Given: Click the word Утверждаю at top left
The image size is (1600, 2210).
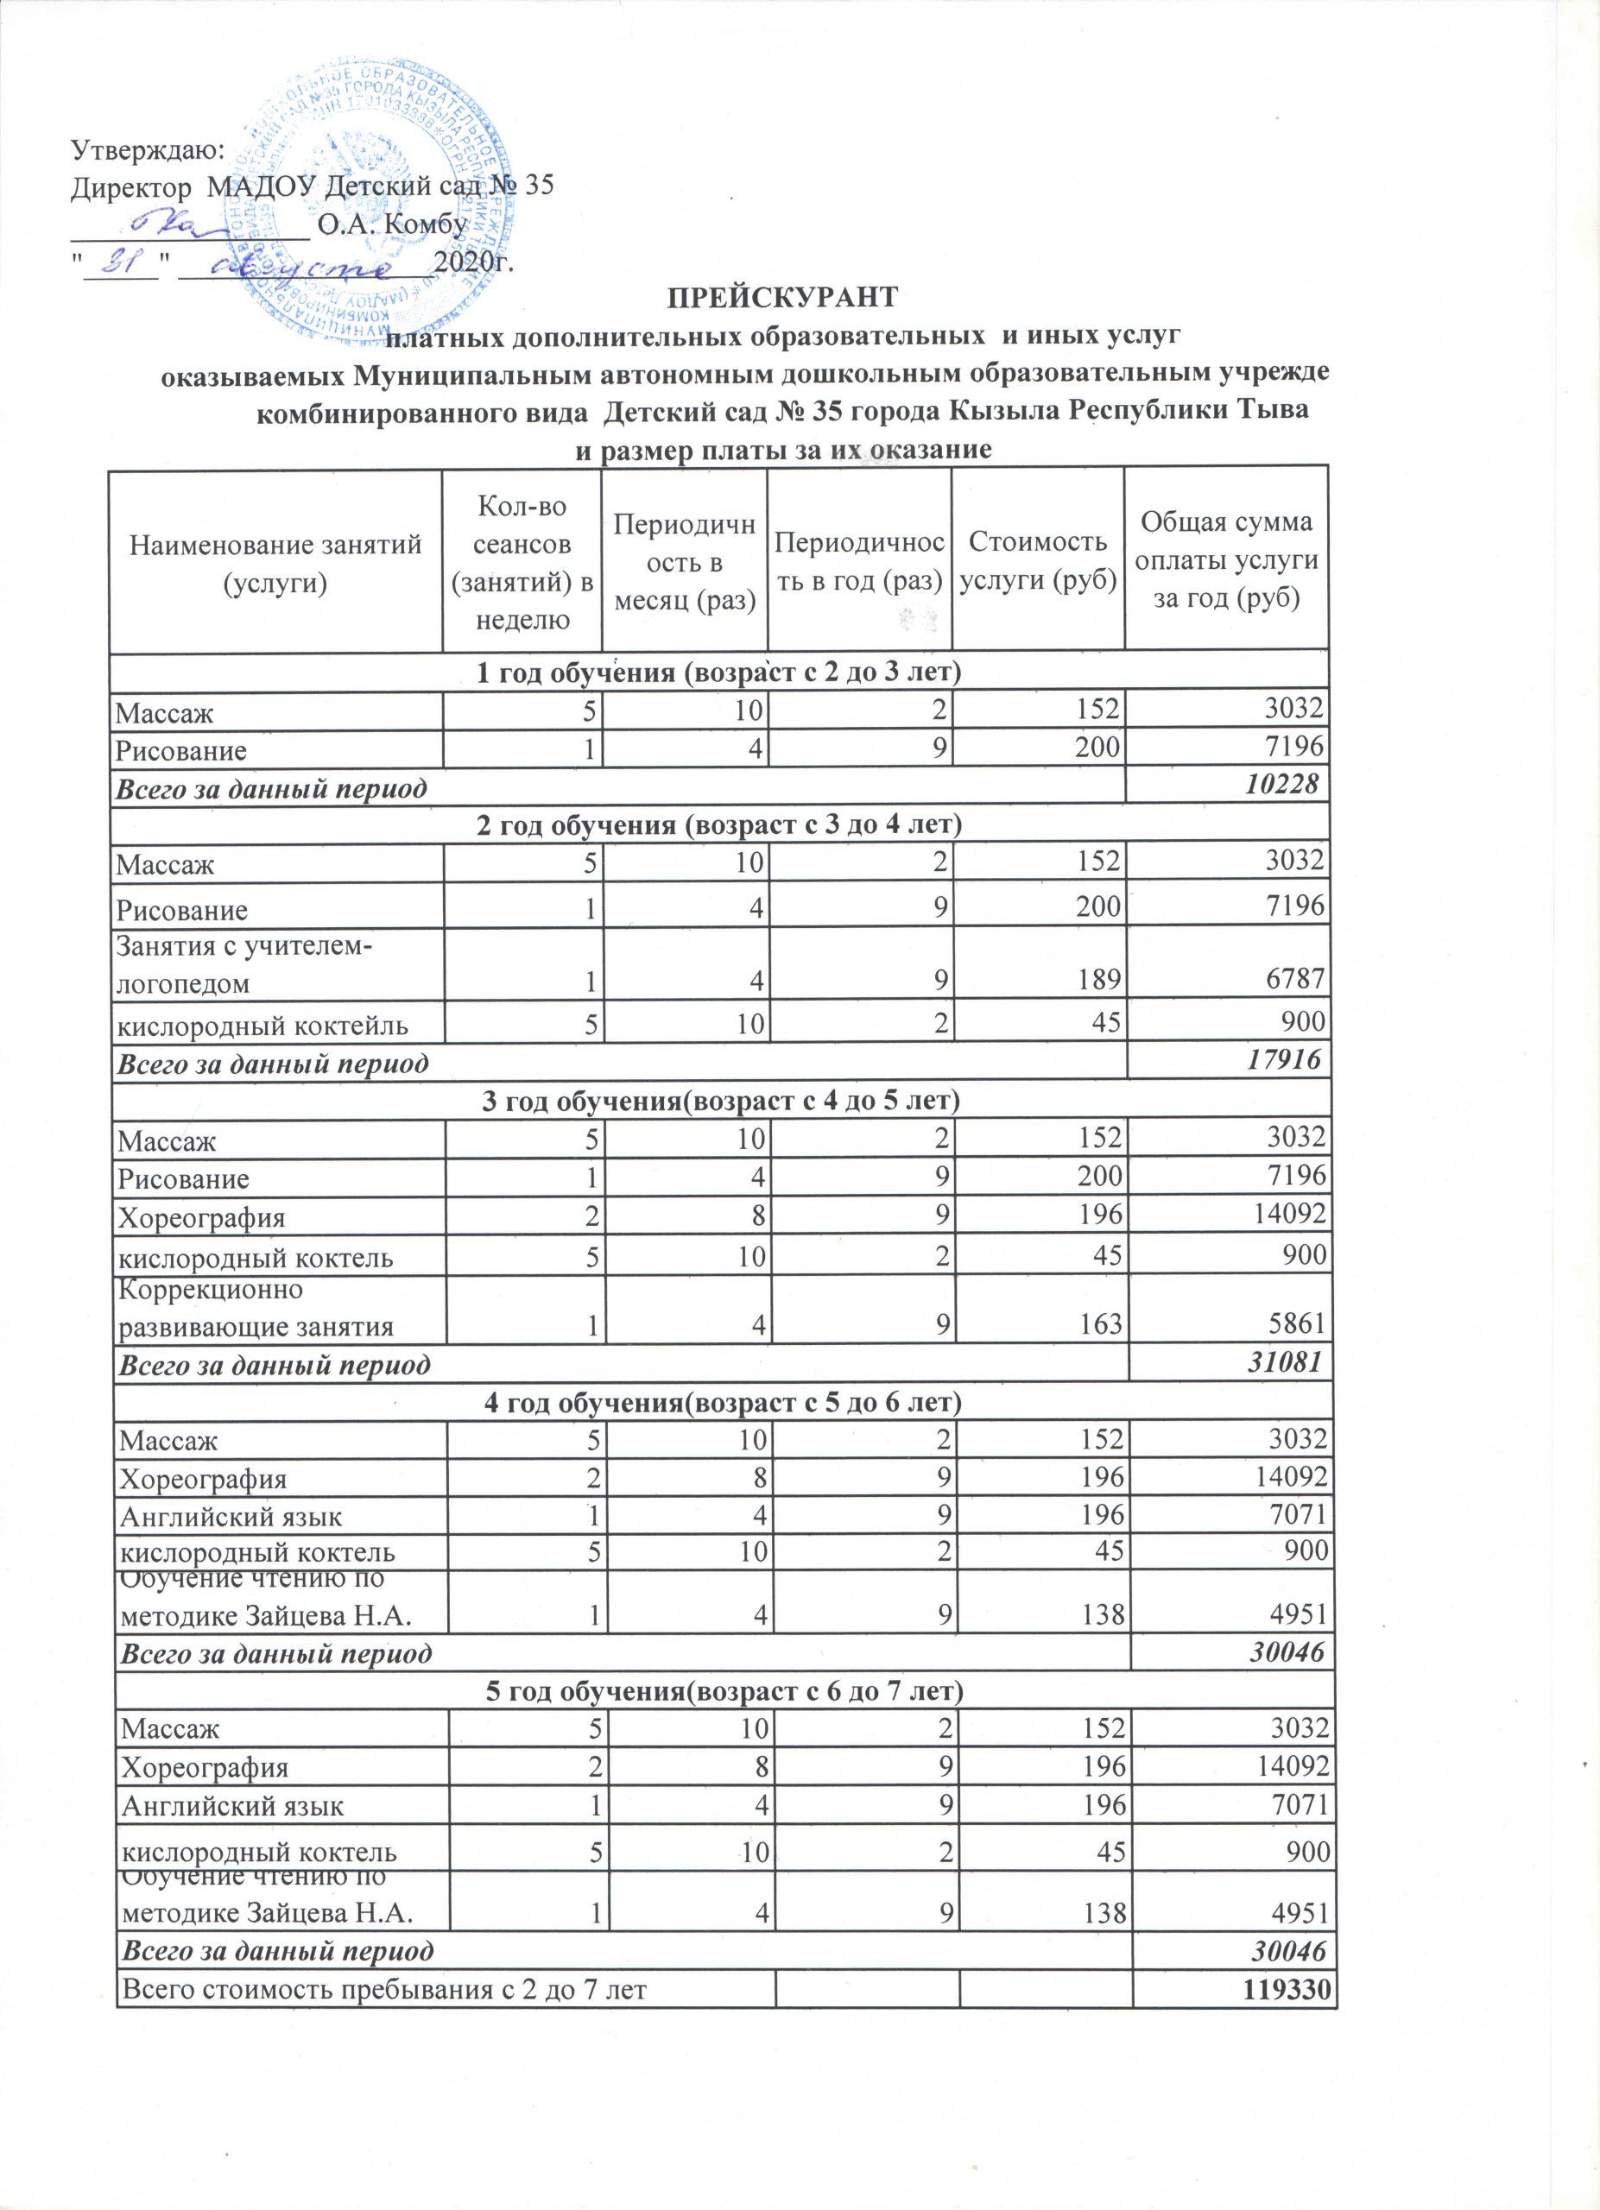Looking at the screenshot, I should pyautogui.click(x=149, y=149).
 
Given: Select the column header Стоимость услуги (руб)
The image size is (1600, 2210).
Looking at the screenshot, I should pyautogui.click(x=1038, y=560).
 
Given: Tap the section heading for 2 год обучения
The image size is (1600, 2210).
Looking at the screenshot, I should pyautogui.click(x=719, y=824).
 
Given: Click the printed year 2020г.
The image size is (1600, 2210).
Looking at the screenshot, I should pyautogui.click(x=472, y=262).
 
